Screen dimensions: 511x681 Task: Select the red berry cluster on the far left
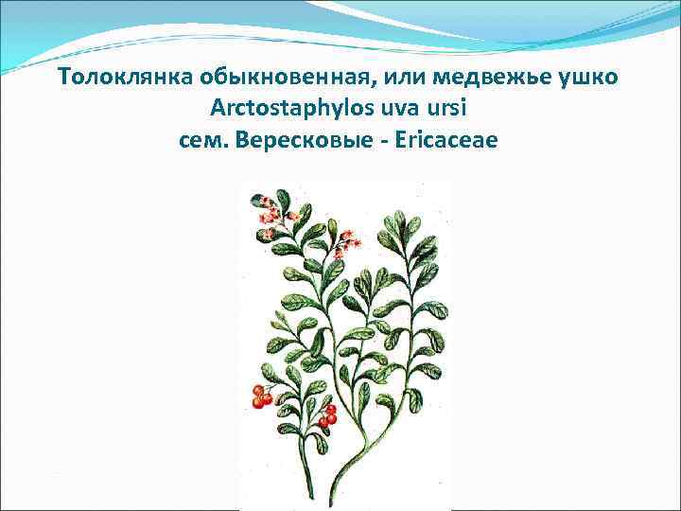pos(262,396)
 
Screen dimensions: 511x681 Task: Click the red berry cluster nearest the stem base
pos(327,416)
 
